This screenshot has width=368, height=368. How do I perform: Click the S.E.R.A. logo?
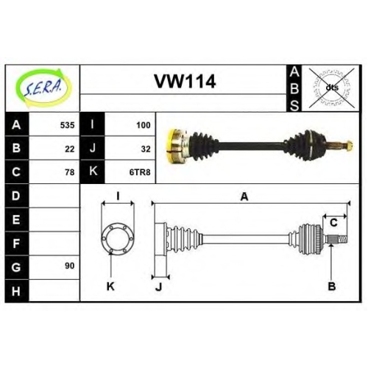click(43, 88)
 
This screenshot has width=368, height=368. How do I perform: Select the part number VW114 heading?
click(185, 82)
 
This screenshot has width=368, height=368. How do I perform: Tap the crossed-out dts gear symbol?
click(332, 88)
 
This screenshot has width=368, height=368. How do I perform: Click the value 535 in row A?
click(67, 125)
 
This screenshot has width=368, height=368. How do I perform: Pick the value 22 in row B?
click(70, 149)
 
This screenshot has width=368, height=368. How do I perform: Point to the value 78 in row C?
click(70, 172)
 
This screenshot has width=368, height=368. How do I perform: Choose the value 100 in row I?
click(144, 125)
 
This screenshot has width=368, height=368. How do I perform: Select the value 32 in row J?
click(146, 149)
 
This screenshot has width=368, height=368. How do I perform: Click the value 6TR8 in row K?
click(140, 172)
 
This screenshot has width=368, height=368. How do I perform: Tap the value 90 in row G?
click(70, 266)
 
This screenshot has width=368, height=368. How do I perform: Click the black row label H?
click(17, 291)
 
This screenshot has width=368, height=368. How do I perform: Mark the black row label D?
click(17, 196)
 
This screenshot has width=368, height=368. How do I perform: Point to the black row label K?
click(93, 171)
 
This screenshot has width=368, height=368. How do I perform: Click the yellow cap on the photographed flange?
click(172, 146)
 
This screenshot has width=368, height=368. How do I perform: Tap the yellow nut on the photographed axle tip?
click(350, 146)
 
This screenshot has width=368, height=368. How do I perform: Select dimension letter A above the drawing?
click(244, 197)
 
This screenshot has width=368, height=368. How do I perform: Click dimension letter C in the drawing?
click(333, 223)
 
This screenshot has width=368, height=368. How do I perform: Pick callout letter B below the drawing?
click(332, 286)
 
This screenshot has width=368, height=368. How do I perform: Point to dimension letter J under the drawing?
click(159, 286)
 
